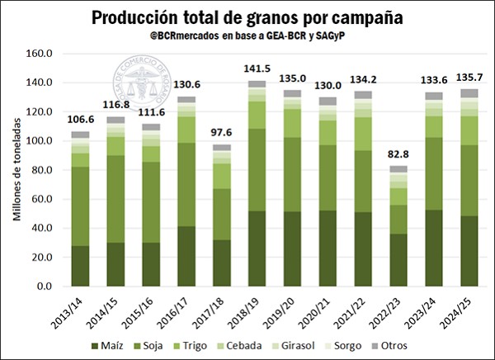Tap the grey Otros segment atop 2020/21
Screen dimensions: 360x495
click(x=328, y=101)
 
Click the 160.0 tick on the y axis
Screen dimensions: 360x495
click(x=40, y=54)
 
